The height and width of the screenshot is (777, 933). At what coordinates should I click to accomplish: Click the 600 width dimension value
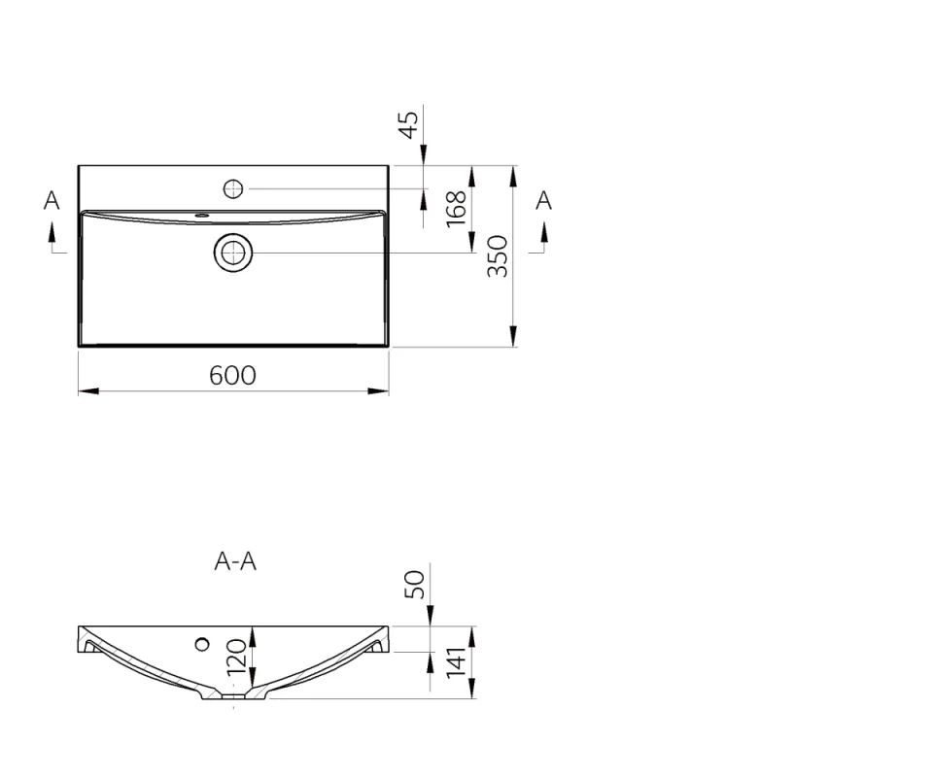coord(233,375)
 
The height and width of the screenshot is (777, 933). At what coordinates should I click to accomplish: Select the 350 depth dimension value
coord(498,256)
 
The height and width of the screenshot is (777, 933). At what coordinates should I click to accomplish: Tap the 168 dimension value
coord(456,209)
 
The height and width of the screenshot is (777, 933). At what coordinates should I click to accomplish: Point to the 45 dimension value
coord(409,124)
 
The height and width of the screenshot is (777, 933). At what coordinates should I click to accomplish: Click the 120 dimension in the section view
coord(237,659)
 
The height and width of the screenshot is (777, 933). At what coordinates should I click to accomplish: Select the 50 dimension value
coord(415,584)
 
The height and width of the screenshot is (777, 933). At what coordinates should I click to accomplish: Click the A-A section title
coord(235,561)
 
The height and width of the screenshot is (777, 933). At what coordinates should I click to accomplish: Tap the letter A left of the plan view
coord(52,200)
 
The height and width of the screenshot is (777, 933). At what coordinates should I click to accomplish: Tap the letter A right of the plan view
coord(544,200)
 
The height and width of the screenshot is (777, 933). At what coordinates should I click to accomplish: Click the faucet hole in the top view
coord(233,188)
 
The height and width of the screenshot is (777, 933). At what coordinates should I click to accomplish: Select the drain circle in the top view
coord(233,253)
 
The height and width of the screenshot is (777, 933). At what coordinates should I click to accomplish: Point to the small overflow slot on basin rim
coord(202,215)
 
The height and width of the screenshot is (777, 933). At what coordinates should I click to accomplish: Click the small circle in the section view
coord(202,643)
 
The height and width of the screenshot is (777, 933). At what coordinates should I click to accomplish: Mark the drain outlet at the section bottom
coord(233,695)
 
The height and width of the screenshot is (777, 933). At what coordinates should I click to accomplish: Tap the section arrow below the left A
coord(52,233)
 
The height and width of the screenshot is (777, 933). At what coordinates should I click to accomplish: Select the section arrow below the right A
coord(544,233)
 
